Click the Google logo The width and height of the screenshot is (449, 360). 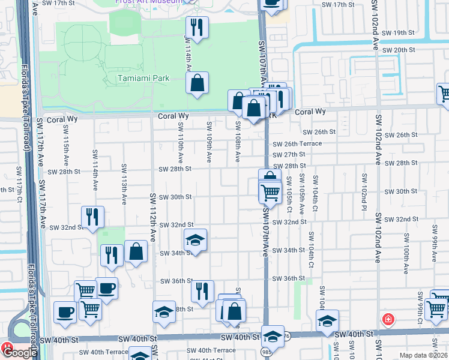click(20, 353)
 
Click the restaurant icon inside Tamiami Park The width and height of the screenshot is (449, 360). click(196, 27)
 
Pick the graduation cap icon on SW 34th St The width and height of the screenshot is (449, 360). click(195, 241)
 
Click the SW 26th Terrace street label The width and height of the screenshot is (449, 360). click(297, 144)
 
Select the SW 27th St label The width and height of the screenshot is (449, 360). click(289, 154)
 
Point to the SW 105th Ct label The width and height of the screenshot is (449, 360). click(289, 193)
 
